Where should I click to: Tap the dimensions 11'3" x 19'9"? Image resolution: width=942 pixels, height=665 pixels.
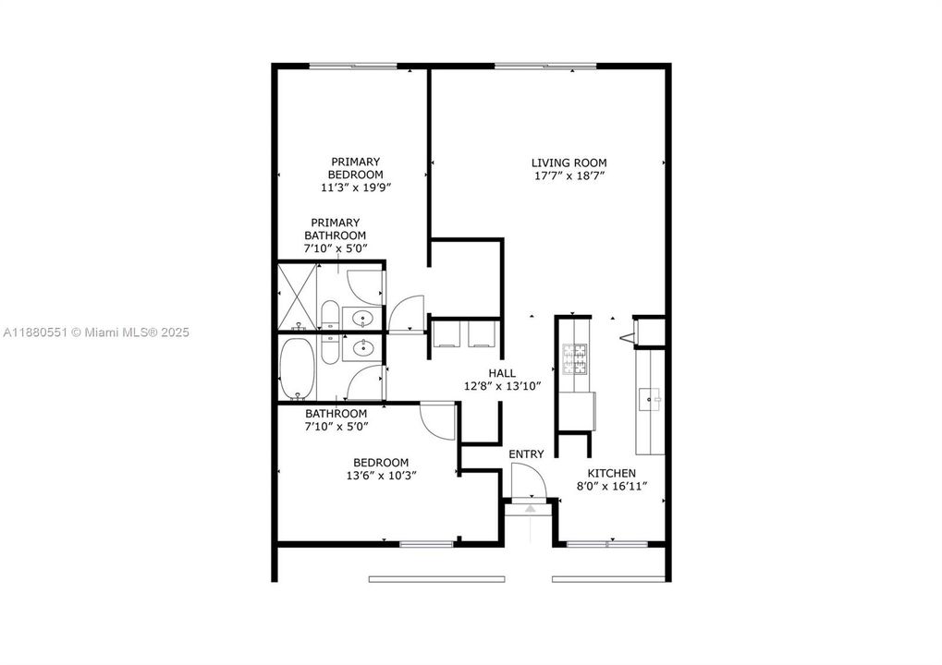click(355, 187)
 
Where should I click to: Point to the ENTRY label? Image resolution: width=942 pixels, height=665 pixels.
click(526, 453)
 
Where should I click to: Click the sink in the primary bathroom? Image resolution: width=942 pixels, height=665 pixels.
click(363, 319)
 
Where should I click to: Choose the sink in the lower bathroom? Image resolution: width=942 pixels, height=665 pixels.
click(363, 348)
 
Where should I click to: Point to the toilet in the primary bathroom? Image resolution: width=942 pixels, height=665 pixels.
click(328, 314)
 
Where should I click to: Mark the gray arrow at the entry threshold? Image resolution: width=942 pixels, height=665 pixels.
click(531, 507)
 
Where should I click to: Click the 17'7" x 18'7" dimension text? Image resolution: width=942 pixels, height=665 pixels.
click(569, 175)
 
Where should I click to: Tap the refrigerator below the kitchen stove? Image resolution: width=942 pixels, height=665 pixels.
click(576, 410)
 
